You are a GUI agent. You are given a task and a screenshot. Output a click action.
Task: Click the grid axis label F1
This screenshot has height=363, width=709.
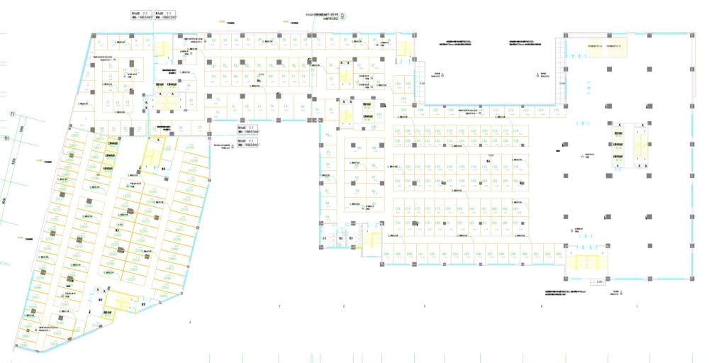pos(11,113)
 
